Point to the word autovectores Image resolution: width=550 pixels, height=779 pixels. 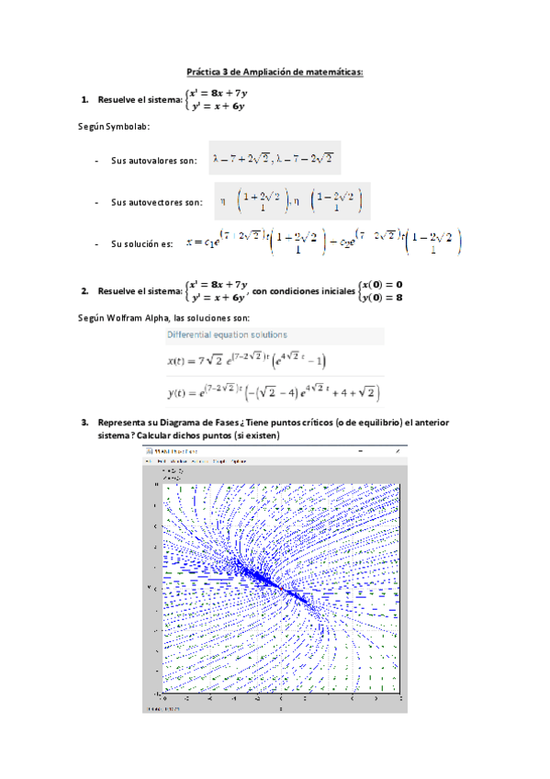[x=172, y=202]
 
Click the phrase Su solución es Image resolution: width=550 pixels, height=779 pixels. [x=141, y=243]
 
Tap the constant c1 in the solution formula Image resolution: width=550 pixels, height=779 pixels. [x=212, y=243]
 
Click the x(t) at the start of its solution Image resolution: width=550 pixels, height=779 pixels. [x=179, y=361]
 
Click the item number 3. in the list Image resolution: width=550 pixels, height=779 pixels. [x=84, y=423]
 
